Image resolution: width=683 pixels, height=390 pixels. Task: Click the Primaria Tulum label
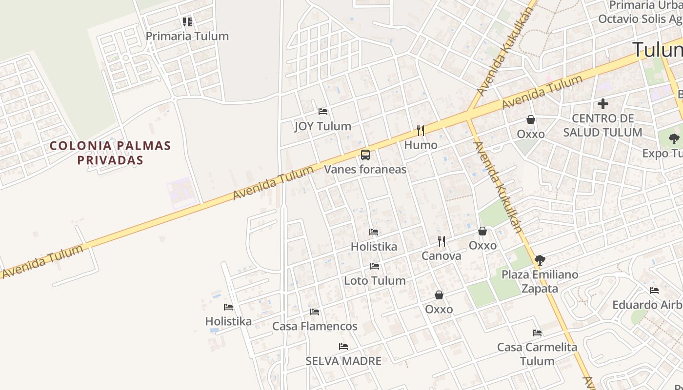[x=187, y=36]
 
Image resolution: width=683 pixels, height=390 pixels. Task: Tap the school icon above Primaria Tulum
[x=187, y=22]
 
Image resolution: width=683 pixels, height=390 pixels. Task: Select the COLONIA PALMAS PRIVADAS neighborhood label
[x=110, y=153]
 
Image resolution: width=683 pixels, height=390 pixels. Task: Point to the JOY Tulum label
[x=322, y=126]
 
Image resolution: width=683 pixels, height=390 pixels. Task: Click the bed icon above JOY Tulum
[x=322, y=112]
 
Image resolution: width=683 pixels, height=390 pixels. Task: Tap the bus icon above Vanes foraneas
[x=365, y=156]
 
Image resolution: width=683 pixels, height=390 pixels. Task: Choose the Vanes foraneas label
[x=365, y=169]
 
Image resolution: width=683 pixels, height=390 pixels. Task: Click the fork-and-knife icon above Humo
[x=421, y=131]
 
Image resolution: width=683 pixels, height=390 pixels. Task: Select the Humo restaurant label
[x=421, y=145]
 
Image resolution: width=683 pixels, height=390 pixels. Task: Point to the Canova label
[x=441, y=255]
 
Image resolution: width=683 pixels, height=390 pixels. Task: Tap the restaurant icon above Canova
[x=441, y=241]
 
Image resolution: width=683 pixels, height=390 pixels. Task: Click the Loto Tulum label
[x=375, y=280]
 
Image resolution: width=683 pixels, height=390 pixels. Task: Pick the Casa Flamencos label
[x=315, y=326]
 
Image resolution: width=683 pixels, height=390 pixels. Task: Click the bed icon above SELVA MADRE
[x=343, y=347]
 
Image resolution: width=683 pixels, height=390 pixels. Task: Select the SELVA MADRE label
[x=343, y=361]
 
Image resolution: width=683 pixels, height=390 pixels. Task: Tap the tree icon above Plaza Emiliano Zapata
[x=540, y=260]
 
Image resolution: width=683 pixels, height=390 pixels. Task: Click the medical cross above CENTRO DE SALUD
[x=603, y=104]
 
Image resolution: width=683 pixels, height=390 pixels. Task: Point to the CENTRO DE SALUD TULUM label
[x=603, y=125]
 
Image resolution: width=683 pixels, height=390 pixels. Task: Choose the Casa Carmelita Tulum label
[x=537, y=354]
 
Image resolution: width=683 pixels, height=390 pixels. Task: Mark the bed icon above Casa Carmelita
[x=537, y=333]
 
